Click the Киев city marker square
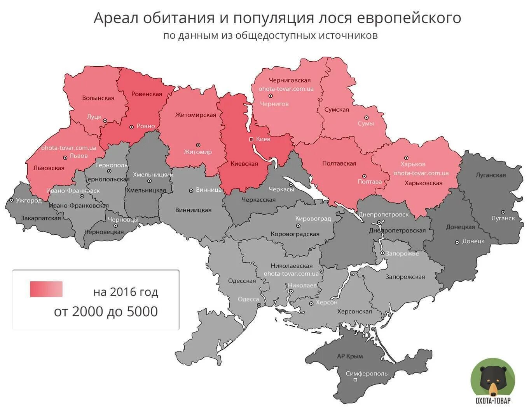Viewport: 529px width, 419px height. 251,139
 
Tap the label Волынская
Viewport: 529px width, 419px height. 98,98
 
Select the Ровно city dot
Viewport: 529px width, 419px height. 131,126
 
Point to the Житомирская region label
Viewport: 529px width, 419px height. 196,115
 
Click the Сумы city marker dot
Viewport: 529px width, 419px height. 366,117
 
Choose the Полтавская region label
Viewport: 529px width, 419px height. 339,163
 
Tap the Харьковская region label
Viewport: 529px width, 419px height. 423,183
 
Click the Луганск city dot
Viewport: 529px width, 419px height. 503,212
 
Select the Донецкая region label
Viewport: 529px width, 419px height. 460,227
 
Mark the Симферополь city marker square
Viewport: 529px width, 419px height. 355,380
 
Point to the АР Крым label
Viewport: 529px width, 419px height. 350,356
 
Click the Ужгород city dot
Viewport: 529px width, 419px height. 12,201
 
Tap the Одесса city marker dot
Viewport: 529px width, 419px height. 259,305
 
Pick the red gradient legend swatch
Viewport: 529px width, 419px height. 46,289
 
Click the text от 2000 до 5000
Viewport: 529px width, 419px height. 106,312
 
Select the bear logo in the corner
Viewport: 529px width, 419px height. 493,380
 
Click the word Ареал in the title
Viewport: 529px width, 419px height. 116,18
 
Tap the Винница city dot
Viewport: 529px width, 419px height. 191,190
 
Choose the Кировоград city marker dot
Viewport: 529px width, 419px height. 298,225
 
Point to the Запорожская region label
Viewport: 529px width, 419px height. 405,277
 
